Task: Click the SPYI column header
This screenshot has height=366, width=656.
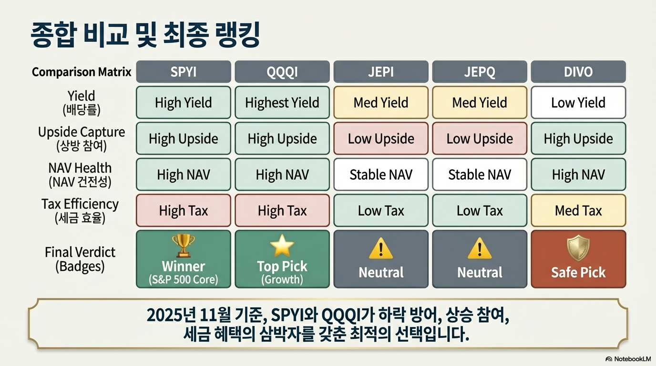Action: (184, 72)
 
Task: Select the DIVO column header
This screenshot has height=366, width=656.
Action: (578, 72)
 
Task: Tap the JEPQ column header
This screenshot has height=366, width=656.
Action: (480, 72)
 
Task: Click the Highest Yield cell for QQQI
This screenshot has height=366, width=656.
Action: (282, 102)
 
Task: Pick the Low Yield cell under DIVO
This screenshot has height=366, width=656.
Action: (578, 102)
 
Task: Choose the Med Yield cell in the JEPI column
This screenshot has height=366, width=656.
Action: (381, 102)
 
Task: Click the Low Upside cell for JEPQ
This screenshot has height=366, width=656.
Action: (480, 139)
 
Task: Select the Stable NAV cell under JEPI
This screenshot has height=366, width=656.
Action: (381, 174)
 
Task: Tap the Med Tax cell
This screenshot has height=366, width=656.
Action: (578, 210)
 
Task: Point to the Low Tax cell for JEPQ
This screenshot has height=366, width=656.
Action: (480, 210)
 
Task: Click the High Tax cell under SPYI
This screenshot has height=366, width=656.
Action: (184, 210)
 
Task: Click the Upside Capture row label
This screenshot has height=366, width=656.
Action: (82, 139)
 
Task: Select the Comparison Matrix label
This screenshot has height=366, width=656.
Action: (82, 72)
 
